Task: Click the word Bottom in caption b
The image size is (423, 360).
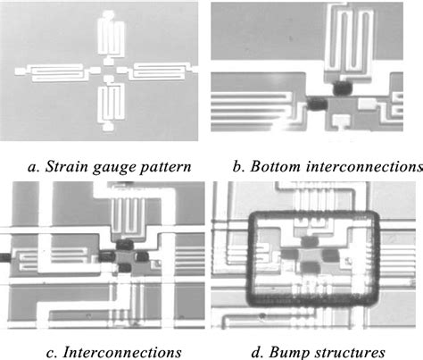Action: click(277, 166)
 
